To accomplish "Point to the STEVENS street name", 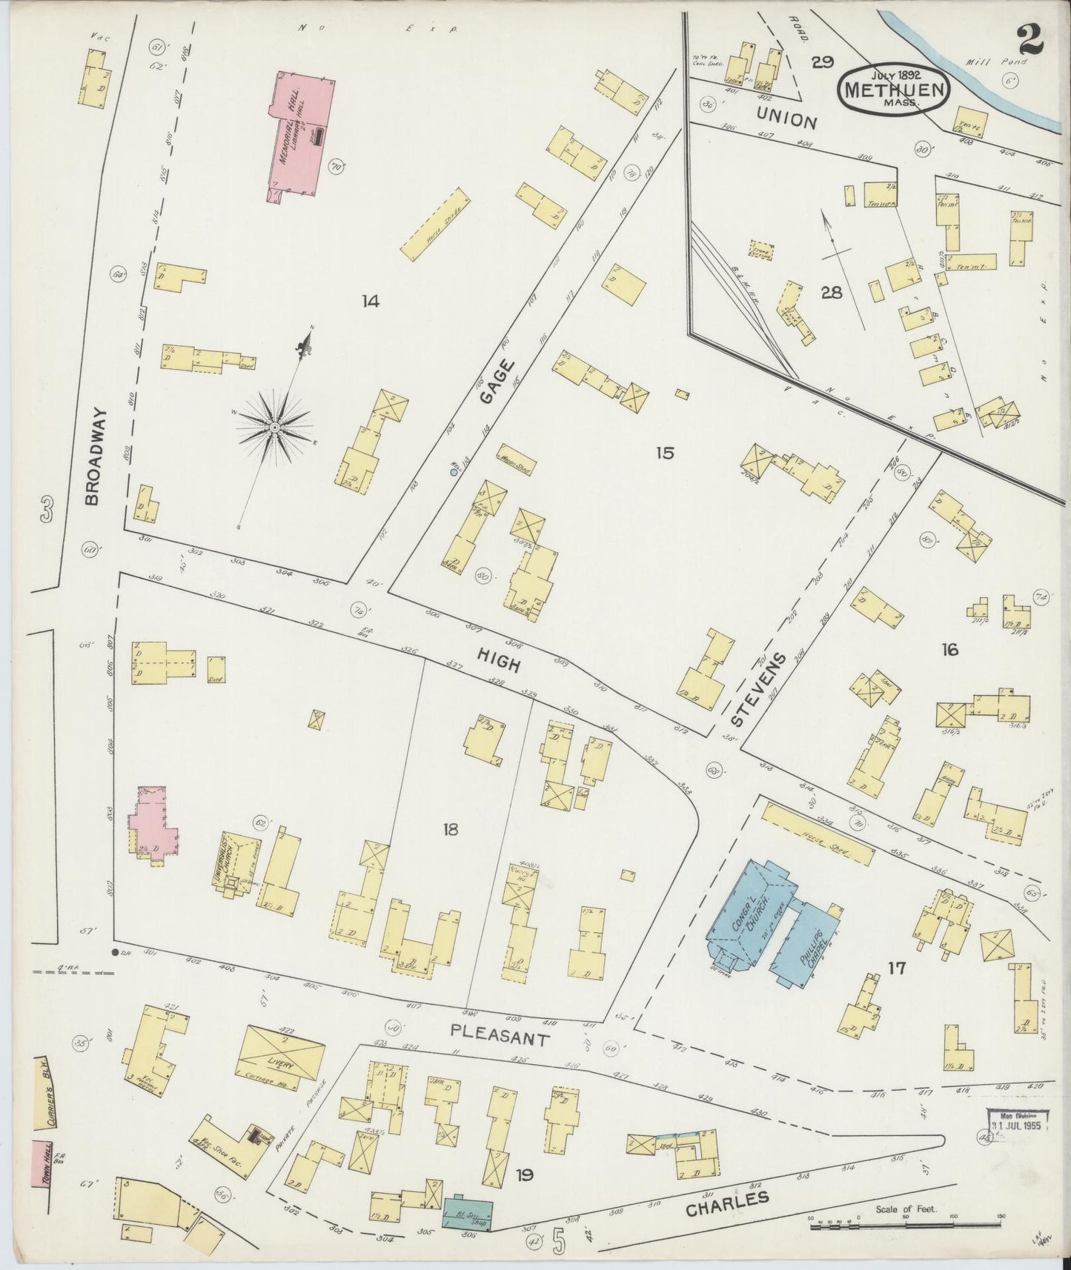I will [757, 690].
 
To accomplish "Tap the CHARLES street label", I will [726, 1203].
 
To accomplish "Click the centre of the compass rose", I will [275, 428].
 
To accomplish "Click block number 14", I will [370, 301].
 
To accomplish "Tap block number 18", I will [450, 829].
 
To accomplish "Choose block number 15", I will [664, 453].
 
